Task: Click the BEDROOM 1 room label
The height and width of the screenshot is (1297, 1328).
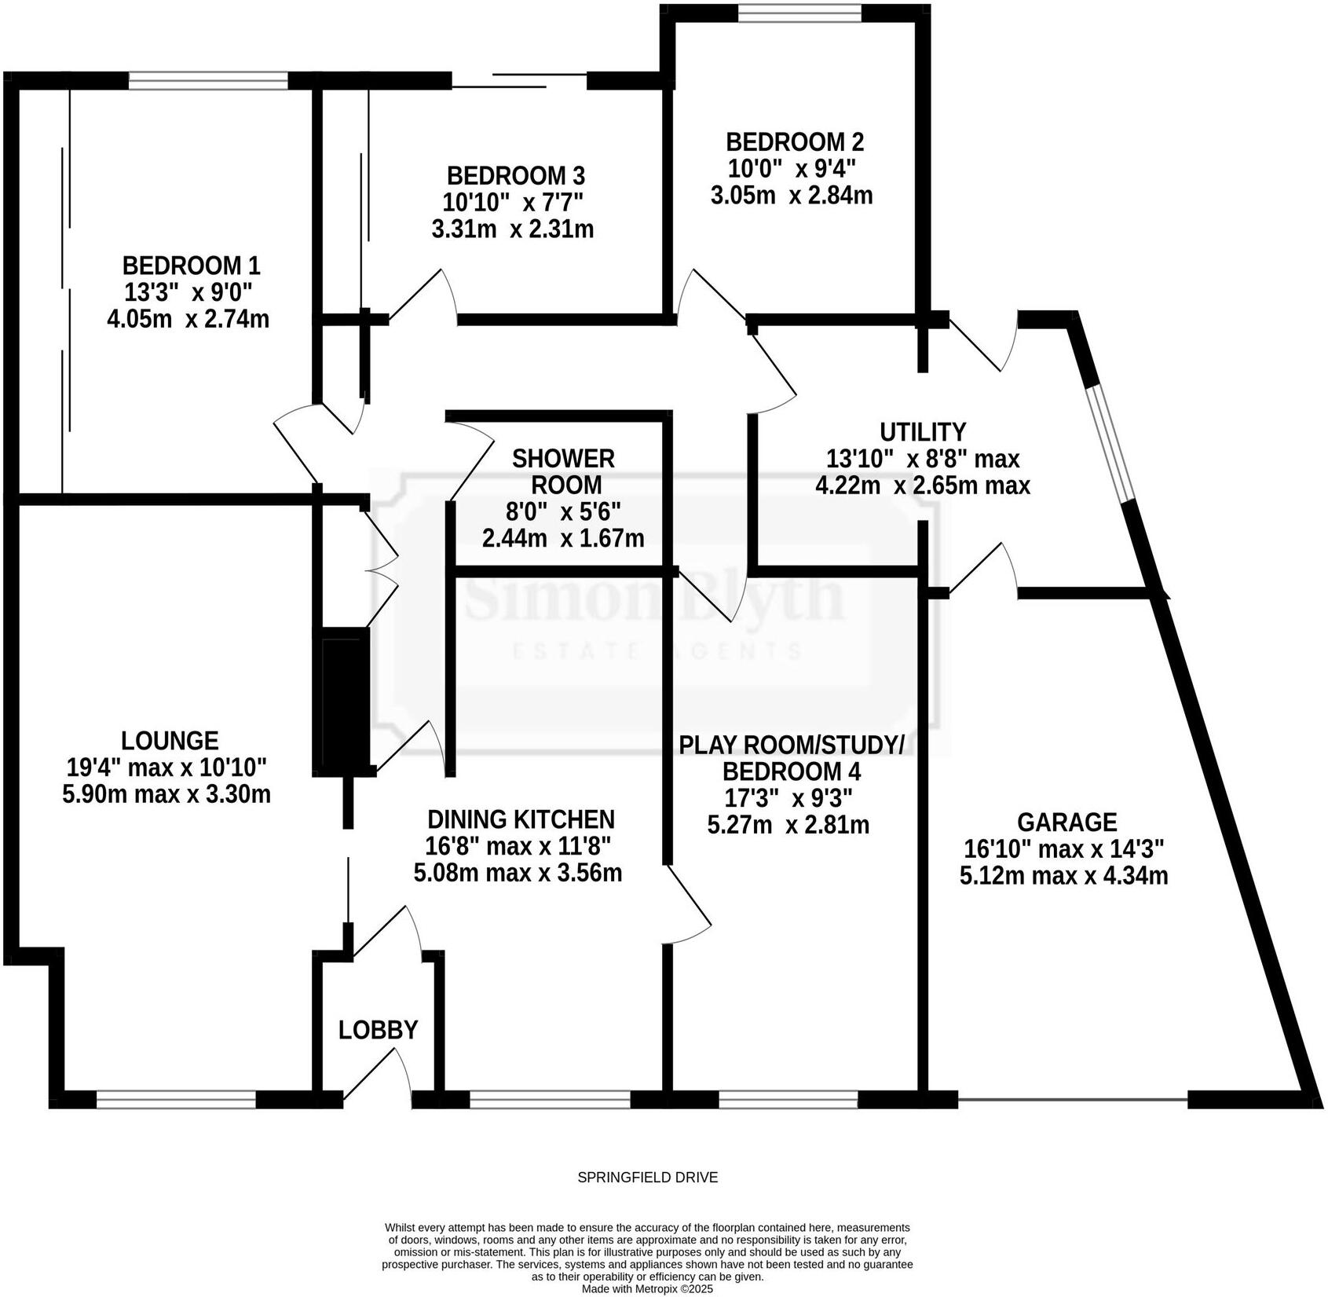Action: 191,266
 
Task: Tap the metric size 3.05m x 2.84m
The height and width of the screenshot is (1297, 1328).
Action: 791,196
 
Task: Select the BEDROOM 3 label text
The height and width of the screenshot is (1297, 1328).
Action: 515,175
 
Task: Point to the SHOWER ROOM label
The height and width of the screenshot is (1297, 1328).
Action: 562,471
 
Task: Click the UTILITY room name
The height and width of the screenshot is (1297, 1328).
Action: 922,432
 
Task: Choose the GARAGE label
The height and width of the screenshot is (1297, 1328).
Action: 1066,823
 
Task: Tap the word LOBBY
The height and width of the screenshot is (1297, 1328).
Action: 378,1029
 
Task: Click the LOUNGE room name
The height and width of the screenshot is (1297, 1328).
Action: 170,740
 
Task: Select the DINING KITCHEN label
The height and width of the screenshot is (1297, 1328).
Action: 520,819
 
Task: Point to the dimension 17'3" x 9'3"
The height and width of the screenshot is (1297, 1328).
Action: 787,798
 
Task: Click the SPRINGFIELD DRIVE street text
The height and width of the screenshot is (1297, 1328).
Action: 647,1178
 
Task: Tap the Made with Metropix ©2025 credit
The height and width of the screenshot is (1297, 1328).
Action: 647,1289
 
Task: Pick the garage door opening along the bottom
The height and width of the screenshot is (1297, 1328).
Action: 1072,1099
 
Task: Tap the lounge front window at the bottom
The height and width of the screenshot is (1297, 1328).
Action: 176,1099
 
